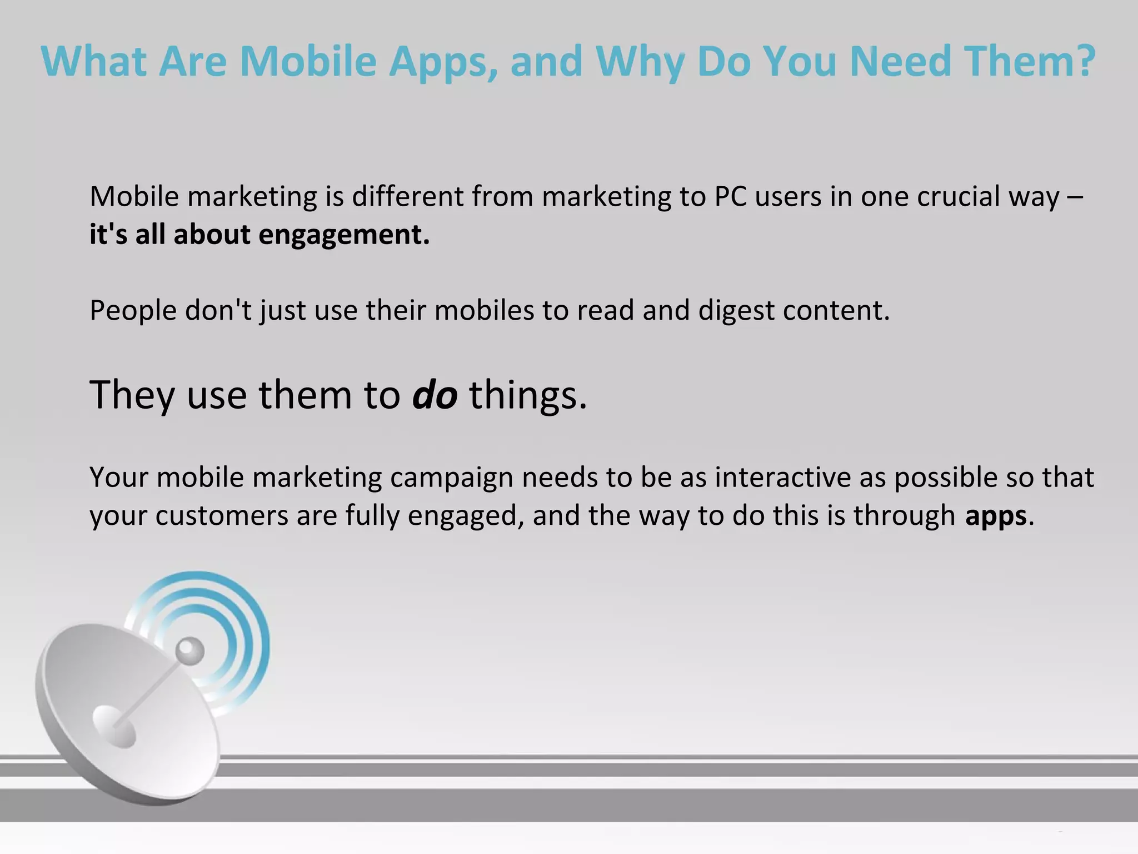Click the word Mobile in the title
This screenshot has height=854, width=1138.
(308, 61)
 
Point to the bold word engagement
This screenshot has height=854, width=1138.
(345, 235)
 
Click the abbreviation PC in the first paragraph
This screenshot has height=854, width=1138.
(730, 197)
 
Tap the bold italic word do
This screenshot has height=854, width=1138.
(435, 395)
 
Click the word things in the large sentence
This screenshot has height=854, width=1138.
(528, 395)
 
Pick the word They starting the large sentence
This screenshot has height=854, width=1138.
(132, 395)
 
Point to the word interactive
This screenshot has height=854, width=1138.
(783, 478)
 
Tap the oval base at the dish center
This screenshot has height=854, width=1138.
(114, 726)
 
